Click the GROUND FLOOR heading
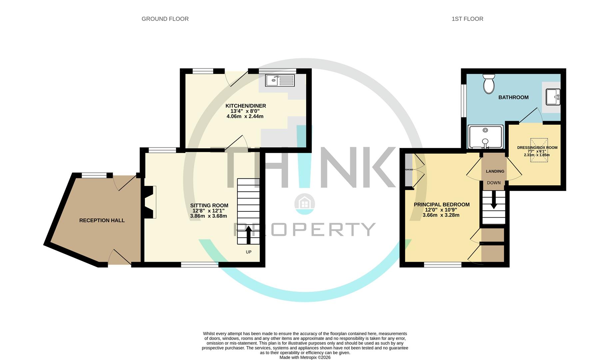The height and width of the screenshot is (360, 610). (165, 19)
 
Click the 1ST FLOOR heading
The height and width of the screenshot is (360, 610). (467, 19)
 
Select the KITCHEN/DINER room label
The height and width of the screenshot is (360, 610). (246, 106)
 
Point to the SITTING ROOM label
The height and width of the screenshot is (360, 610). (209, 206)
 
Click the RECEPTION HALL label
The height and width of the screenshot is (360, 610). (102, 220)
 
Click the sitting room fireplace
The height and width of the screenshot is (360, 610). (150, 202)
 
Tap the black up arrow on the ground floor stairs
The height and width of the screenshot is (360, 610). (248, 235)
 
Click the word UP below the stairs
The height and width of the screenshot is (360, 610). (249, 252)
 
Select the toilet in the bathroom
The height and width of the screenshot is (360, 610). (489, 84)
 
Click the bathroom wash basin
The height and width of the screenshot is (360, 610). (553, 97)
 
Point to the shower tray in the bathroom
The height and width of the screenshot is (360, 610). (485, 137)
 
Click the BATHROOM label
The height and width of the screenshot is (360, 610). (513, 97)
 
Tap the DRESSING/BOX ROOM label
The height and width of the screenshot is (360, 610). (537, 148)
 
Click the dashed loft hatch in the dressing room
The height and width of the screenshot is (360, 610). (539, 151)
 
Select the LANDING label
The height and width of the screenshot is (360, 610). (495, 171)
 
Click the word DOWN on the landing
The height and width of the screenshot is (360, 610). (494, 183)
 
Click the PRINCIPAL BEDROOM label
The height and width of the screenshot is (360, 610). (441, 205)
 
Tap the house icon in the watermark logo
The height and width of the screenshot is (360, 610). (305, 203)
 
